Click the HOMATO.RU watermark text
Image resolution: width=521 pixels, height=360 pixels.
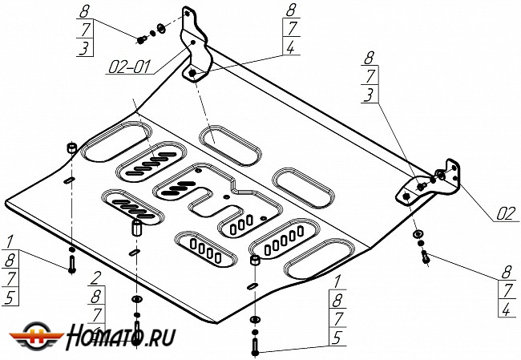tap(121, 336)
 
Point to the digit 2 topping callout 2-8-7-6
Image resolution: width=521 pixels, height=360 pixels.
tap(95, 279)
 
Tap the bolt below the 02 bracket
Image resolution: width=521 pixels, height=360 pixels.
tap(426, 257)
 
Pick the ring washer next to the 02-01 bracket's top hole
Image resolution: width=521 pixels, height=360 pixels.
tap(160, 29)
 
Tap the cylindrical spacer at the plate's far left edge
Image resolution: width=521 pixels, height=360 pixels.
tap(71, 149)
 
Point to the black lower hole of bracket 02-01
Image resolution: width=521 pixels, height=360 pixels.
tap(193, 75)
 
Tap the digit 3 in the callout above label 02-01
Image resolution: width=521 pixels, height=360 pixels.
tap(84, 48)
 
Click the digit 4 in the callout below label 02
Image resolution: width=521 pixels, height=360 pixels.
tap(506, 309)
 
